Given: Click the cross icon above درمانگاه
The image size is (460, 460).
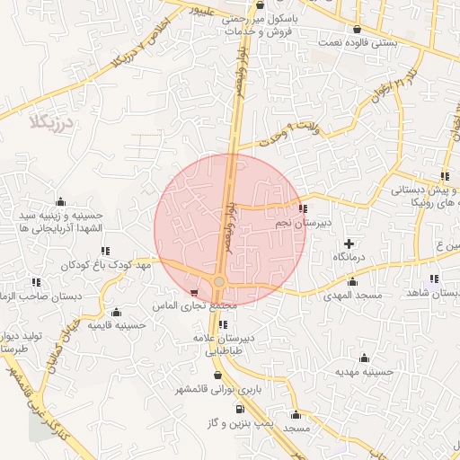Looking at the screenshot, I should [x=349, y=243].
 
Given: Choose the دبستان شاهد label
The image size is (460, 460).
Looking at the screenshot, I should [x=430, y=293].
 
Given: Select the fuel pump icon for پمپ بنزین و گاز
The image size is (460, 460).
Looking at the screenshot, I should [x=238, y=408].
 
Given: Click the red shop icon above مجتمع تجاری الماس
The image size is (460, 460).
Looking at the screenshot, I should [x=195, y=293].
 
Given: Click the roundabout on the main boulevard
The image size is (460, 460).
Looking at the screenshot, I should [x=219, y=283].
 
